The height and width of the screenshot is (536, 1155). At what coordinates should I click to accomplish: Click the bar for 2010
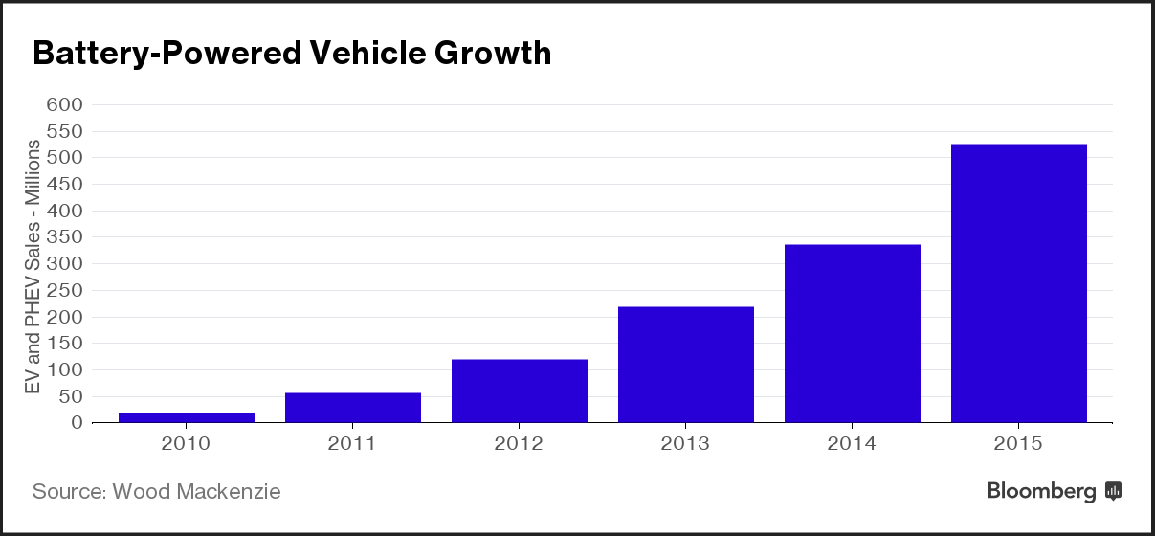coord(187,417)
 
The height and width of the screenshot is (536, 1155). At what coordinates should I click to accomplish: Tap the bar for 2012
coord(520,391)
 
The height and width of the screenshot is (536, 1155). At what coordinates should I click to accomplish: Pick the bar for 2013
coord(686,365)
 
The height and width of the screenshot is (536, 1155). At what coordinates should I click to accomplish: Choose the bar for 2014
coord(853,333)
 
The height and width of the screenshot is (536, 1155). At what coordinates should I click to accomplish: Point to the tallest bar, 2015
coord(1019,283)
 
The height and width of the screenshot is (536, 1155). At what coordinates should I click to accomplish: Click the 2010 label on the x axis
coord(187,444)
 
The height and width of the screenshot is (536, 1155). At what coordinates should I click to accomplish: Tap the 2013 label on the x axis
coord(686,444)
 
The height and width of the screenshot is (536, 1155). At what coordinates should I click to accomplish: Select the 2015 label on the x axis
coord(1019,444)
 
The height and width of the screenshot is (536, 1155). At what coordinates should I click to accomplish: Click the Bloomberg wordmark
coord(1042,492)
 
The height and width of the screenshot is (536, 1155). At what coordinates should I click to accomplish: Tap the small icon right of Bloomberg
coord(1113,492)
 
